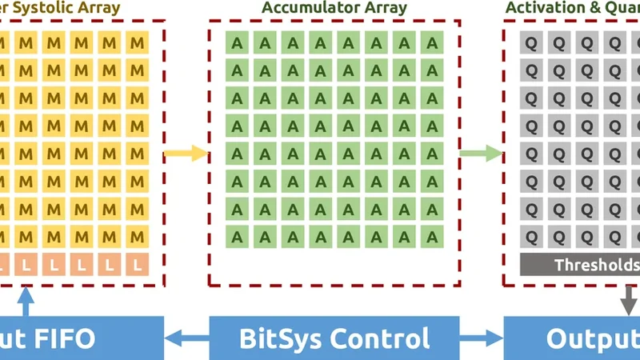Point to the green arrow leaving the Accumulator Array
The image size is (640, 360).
click(481, 153)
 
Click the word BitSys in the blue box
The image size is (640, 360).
click(281, 338)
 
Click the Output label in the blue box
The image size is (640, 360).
click(593, 338)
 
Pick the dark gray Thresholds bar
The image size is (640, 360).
click(580, 265)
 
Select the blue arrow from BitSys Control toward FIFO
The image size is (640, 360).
click(186, 338)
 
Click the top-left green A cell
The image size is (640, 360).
click(237, 43)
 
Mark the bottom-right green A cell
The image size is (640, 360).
click(432, 236)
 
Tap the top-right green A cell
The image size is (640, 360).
click(432, 43)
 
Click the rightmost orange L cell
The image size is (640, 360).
click(138, 263)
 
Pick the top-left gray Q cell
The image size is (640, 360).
click(531, 43)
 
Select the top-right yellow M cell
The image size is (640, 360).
click(138, 43)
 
